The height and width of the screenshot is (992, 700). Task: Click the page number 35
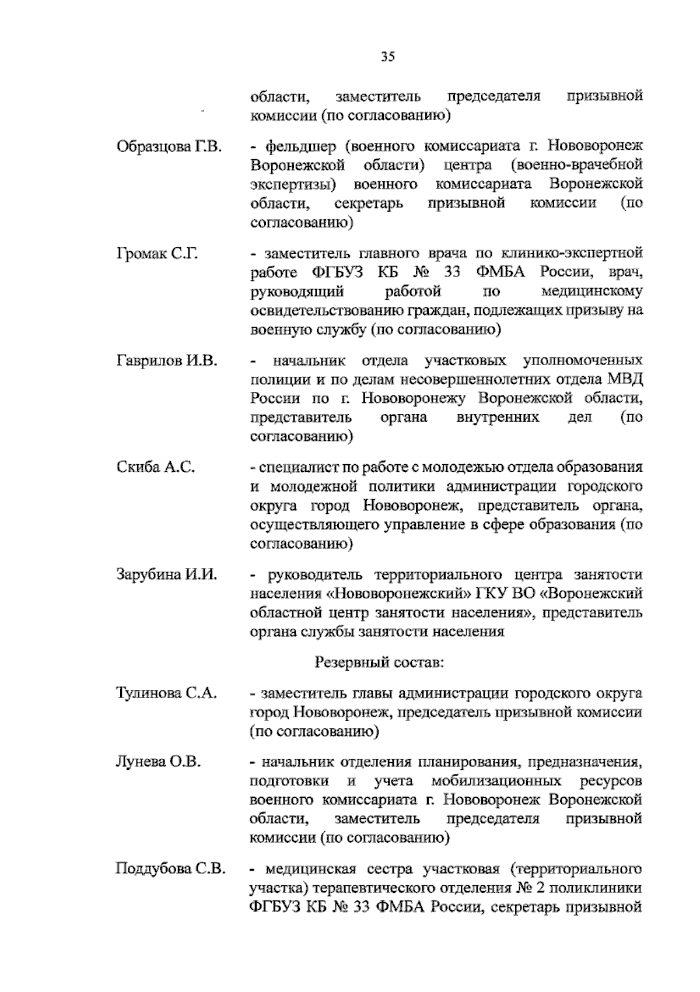388,57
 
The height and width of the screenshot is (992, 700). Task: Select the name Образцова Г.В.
169,146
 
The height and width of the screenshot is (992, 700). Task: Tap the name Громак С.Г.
157,254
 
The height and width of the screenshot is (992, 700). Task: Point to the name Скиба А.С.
155,467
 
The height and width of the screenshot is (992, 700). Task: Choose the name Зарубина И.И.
167,574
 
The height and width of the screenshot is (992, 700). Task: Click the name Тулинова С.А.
167,693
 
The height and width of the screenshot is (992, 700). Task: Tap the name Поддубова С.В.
170,869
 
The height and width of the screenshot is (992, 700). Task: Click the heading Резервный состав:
379,662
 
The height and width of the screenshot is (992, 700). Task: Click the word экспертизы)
295,185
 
